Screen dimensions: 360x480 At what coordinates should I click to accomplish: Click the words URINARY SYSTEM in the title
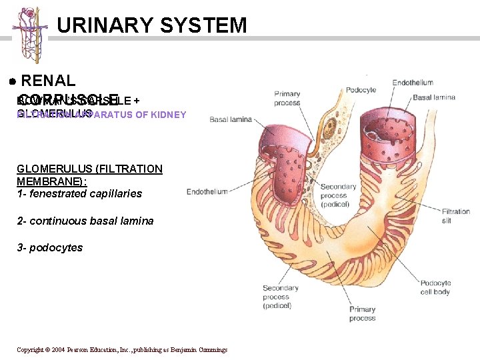pos(152,25)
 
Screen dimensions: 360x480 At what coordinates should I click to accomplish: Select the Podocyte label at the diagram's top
pos(361,90)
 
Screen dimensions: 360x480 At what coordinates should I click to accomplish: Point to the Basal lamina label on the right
pos(434,97)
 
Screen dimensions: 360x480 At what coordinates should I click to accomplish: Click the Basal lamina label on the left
pos(231,120)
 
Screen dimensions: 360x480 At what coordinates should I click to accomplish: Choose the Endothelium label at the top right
pos(413,83)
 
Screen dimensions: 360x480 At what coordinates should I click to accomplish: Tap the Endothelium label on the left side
pos(207,192)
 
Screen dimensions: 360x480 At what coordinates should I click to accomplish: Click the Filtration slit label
pos(455,215)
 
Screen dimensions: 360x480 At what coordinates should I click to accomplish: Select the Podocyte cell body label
pos(435,287)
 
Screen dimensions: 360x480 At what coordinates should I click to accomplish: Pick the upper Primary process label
pos(287,99)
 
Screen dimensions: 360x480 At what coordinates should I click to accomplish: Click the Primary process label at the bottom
pos(362,313)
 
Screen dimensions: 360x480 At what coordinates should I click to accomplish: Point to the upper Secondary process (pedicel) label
pos(338,195)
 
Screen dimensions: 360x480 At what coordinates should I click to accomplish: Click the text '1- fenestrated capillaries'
pos(79,194)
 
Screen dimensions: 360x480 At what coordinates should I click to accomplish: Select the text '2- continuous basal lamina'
pos(85,221)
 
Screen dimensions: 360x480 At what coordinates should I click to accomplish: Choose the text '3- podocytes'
pos(50,248)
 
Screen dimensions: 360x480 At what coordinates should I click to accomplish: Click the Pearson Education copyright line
pos(122,350)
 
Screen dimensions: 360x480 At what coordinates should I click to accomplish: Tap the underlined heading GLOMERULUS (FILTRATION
pos(89,169)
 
